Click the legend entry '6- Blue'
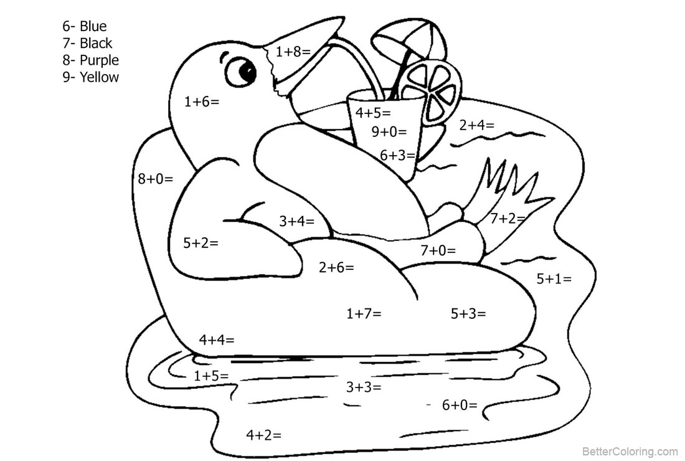(84, 26)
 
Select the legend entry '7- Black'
(87, 43)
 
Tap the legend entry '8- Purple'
(90, 60)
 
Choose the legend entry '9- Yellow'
(90, 77)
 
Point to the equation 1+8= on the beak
(293, 52)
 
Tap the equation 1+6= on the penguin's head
(201, 102)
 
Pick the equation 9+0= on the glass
(389, 131)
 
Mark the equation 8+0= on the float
(156, 179)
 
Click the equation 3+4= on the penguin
(296, 221)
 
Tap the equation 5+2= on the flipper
(201, 243)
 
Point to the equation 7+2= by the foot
(508, 218)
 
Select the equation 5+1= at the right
(554, 278)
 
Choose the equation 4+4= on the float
(217, 340)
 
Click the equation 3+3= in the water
(364, 387)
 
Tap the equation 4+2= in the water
(264, 435)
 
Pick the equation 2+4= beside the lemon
(476, 125)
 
